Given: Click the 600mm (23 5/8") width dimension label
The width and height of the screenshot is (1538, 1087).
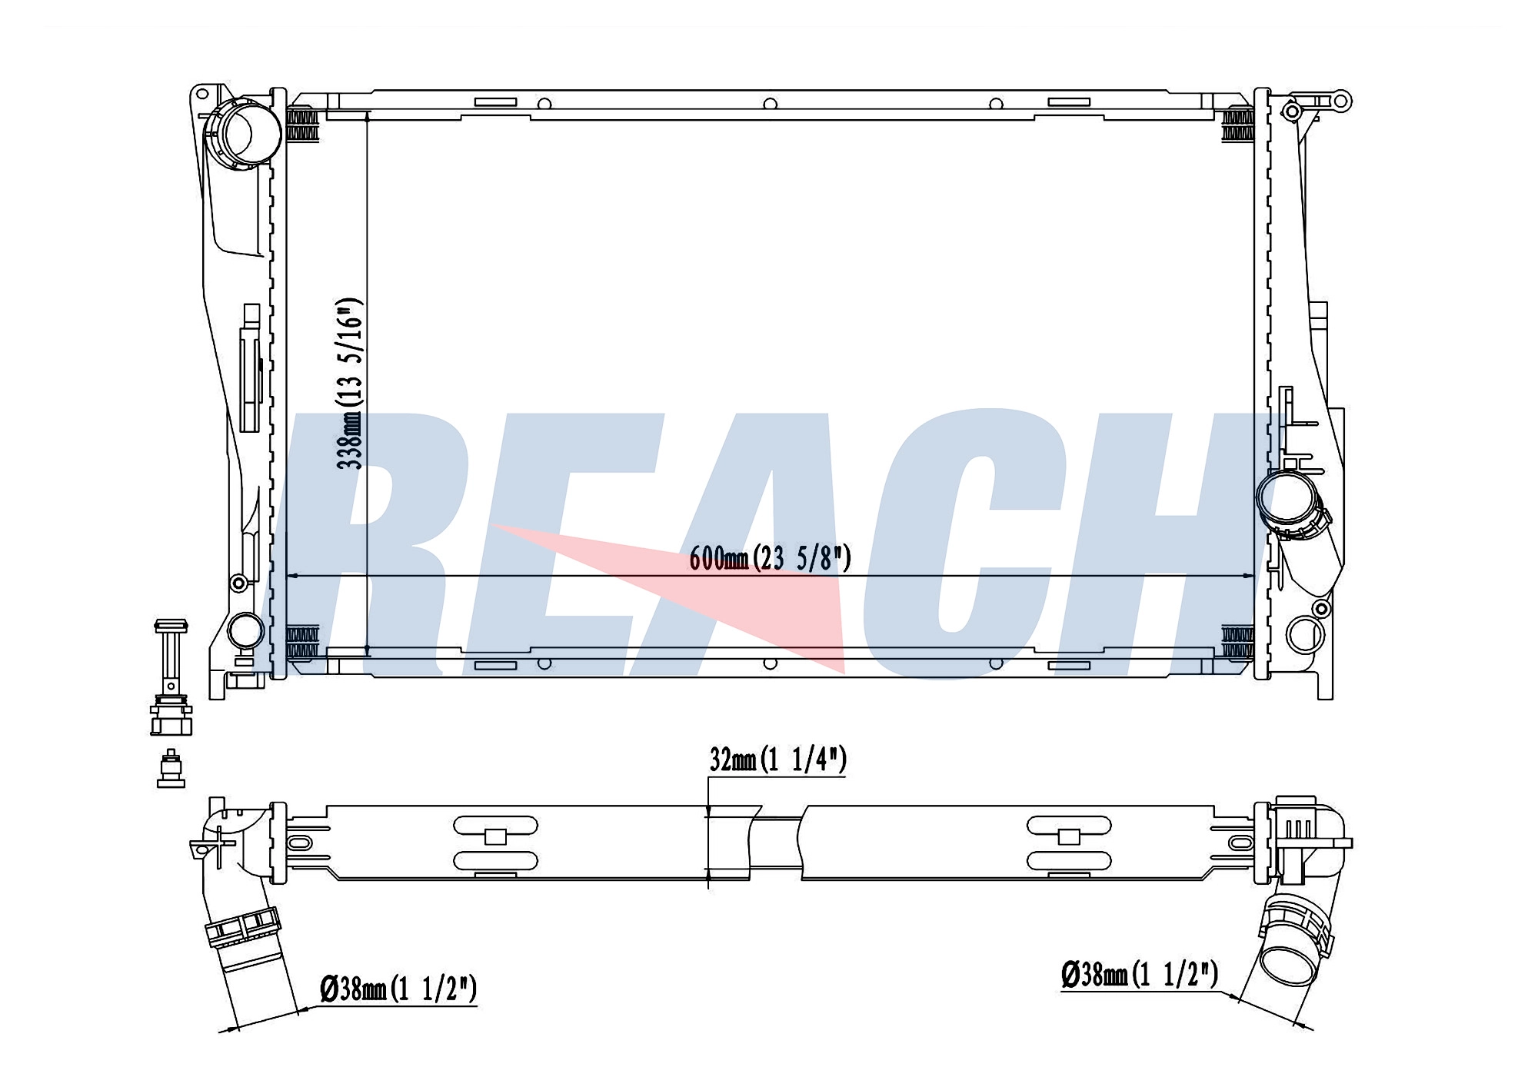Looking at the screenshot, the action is click(x=770, y=557).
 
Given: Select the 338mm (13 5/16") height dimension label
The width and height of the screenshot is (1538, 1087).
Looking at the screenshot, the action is click(x=349, y=383).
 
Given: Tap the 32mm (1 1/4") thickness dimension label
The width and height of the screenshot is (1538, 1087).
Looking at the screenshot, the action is click(x=777, y=760).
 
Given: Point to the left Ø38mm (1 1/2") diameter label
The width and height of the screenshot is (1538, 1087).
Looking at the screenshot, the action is click(x=398, y=989).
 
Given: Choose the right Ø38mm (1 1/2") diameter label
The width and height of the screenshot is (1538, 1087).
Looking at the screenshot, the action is click(x=1140, y=975).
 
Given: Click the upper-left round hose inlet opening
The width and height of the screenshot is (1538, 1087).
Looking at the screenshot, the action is click(x=241, y=134).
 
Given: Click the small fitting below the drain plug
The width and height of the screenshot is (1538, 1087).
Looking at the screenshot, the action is click(x=171, y=768).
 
